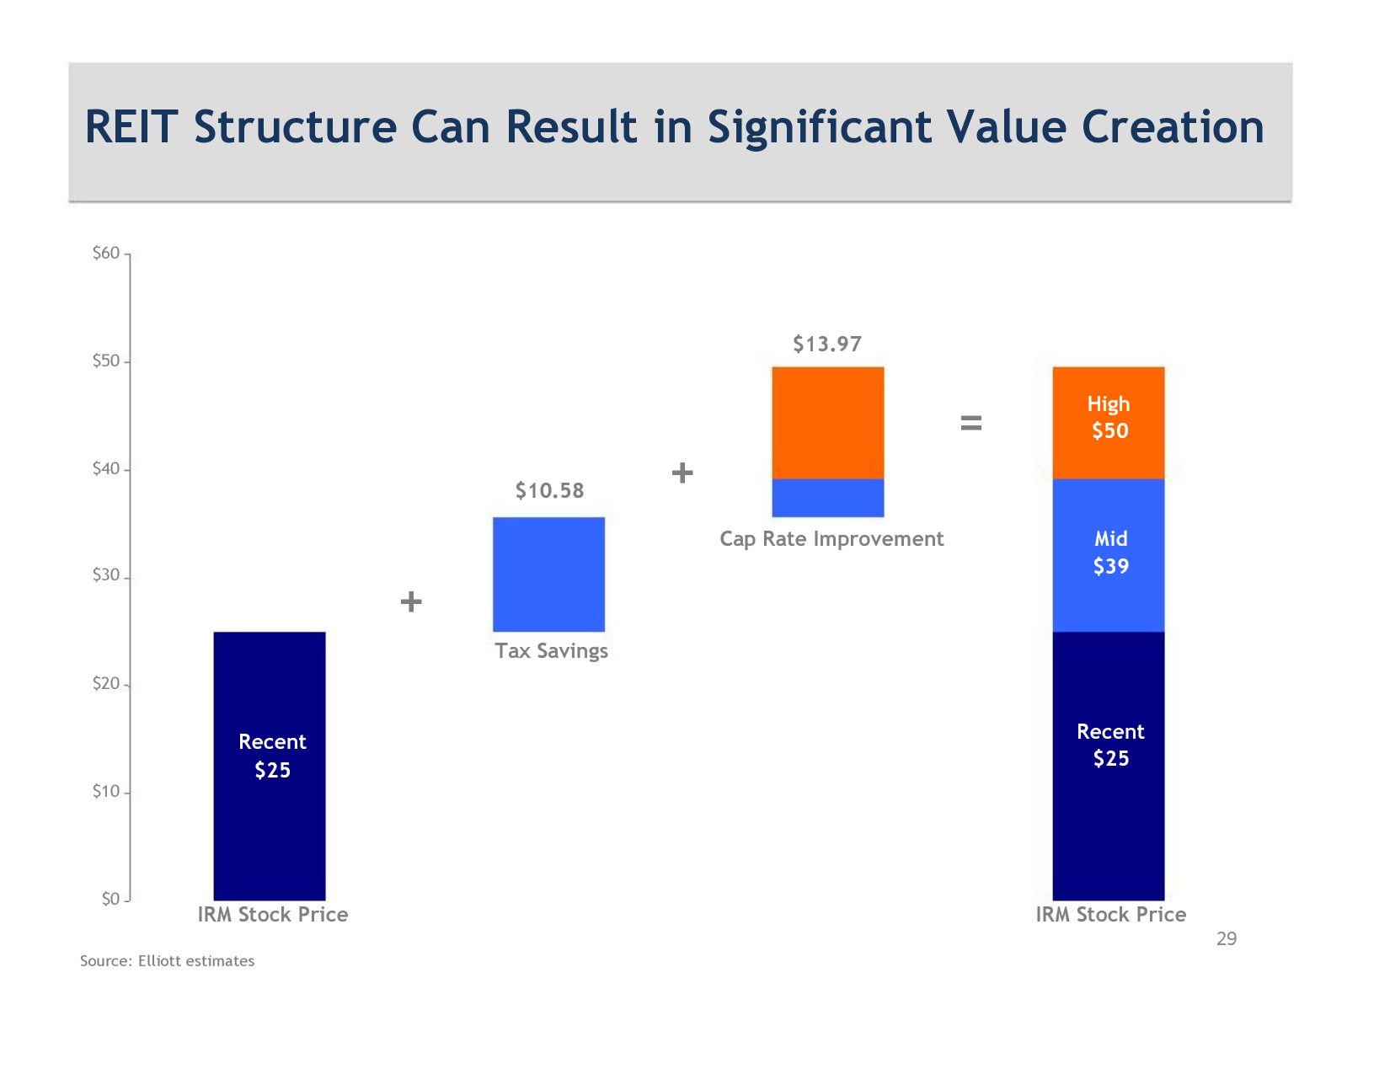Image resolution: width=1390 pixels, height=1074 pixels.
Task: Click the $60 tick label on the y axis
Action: [x=106, y=253]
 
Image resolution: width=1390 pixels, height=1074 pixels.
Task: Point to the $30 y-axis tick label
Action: [x=106, y=575]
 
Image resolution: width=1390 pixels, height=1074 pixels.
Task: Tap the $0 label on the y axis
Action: [x=110, y=899]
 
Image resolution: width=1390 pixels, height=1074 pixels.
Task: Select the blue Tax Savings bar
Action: [x=548, y=574]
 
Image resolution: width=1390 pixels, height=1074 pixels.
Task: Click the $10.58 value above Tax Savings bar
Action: [x=549, y=490]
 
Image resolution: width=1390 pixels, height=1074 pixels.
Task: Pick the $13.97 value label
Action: [x=827, y=344]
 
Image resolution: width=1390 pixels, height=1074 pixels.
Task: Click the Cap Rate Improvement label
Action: [x=831, y=539]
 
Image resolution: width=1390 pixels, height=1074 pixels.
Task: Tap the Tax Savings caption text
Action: [x=551, y=651]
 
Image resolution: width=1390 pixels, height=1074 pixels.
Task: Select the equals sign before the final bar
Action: [x=971, y=423]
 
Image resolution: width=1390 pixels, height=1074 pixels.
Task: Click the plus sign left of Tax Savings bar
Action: [x=411, y=601]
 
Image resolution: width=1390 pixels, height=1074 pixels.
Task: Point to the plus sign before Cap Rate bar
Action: [x=682, y=473]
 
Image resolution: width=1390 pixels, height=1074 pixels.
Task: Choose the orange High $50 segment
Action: [x=1108, y=422]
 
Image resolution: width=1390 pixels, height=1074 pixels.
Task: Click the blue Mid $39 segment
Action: [x=1108, y=554]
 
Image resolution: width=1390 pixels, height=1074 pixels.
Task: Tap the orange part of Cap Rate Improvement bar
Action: [x=827, y=422]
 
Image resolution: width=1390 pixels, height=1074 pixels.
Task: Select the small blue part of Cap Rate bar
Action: [x=827, y=498]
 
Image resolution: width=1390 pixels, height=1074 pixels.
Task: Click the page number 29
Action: [x=1227, y=938]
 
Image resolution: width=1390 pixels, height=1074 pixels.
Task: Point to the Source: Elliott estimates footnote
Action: [x=167, y=961]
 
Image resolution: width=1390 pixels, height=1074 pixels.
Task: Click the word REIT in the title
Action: [x=131, y=127]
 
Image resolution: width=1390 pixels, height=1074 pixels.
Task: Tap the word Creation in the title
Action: [x=1173, y=127]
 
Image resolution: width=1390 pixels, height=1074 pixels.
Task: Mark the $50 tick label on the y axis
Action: [x=106, y=361]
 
